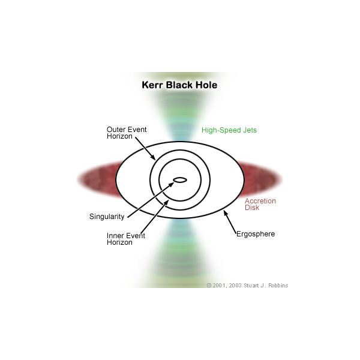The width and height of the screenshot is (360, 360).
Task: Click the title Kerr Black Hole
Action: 179,85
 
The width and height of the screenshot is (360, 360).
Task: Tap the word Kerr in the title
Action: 152,85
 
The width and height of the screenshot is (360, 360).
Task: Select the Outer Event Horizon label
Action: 126,133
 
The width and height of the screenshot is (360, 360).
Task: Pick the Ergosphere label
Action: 255,234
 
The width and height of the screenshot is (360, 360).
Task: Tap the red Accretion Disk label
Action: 260,205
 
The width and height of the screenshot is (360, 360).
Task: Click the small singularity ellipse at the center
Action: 179,179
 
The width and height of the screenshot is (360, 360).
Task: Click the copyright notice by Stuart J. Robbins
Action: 247,286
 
